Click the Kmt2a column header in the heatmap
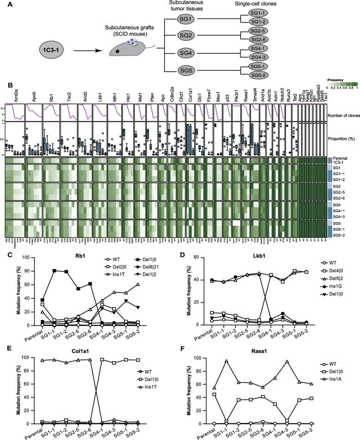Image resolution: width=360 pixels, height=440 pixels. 9,94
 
